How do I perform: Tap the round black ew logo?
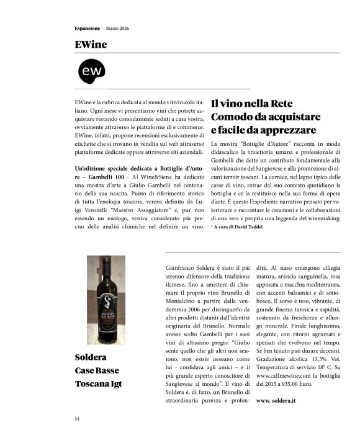[91, 73]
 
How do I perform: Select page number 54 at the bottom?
[77, 419]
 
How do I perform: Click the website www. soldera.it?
[277, 401]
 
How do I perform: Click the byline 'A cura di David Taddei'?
[240, 228]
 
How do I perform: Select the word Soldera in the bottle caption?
[91, 358]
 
